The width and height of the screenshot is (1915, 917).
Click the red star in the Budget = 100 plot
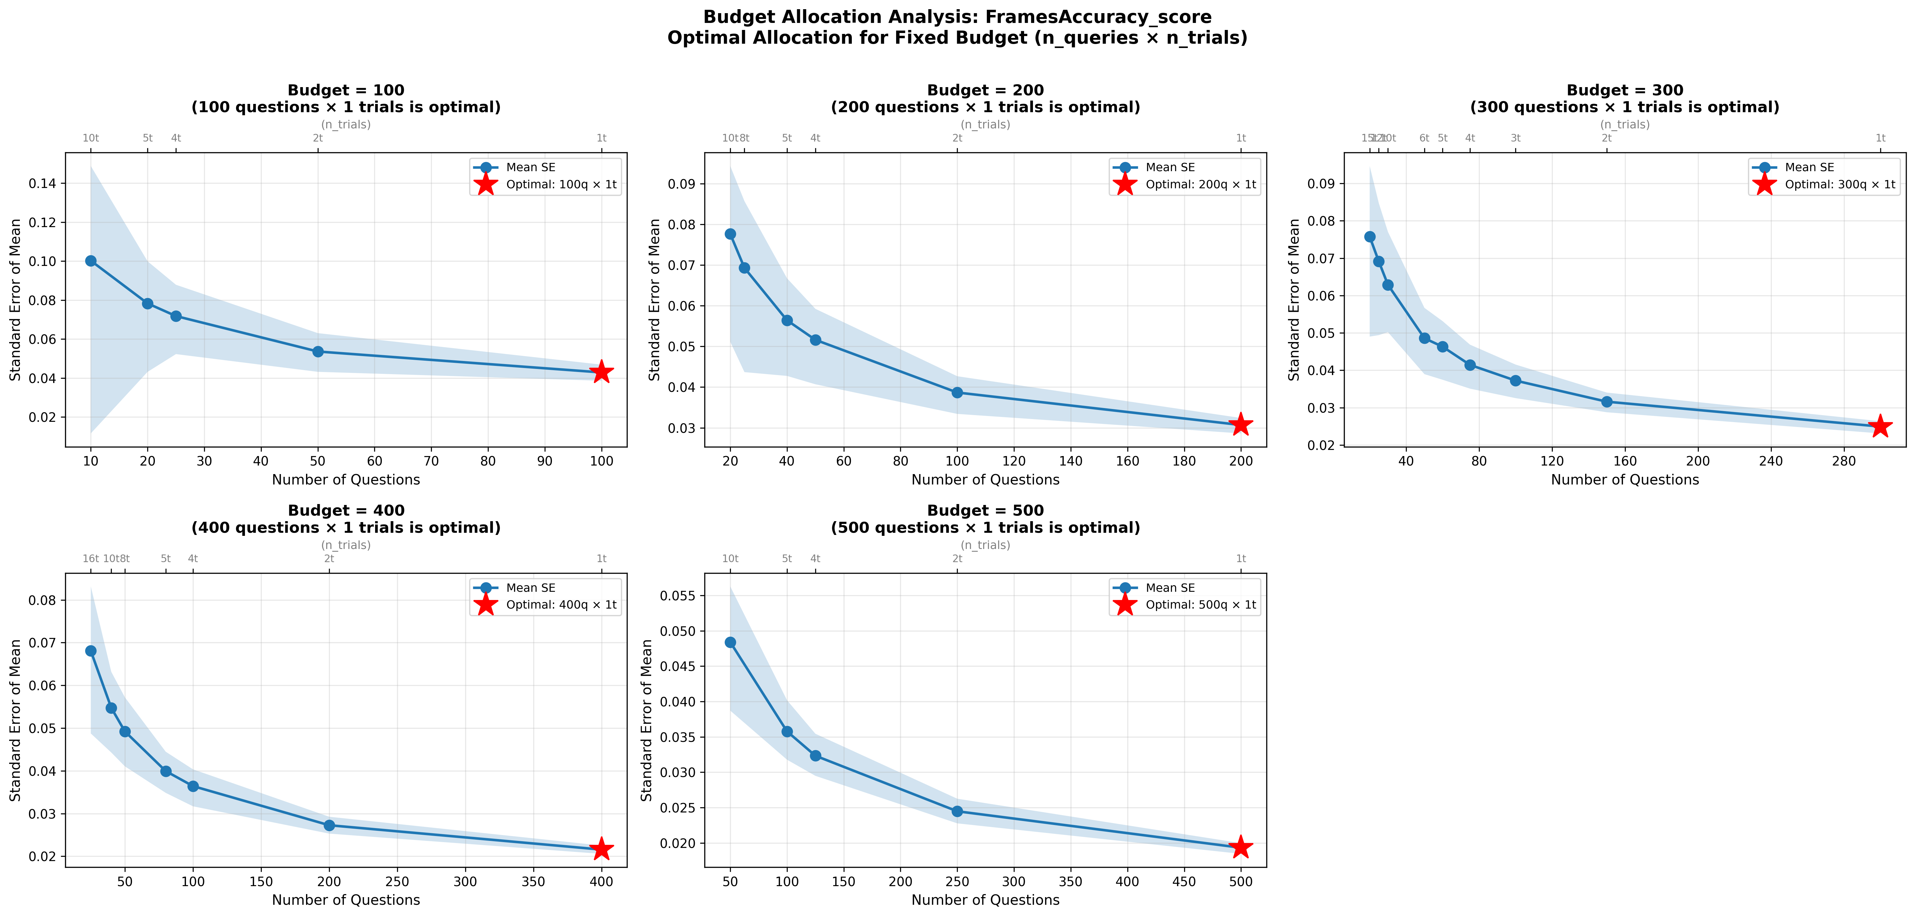coord(601,372)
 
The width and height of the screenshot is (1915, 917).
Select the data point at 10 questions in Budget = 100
coord(91,261)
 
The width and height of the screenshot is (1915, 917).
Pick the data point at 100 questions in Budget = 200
coord(957,393)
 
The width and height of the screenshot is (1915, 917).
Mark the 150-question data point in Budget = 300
coord(1607,402)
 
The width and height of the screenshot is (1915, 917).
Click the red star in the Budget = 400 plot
coord(601,849)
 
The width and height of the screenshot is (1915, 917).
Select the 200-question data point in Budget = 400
coord(329,826)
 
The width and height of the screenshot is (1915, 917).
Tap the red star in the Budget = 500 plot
coord(1240,847)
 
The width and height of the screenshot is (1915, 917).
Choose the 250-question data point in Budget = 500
coord(957,812)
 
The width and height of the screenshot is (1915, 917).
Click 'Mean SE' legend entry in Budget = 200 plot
coord(1170,167)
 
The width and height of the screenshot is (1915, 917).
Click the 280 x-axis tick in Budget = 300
coord(1844,461)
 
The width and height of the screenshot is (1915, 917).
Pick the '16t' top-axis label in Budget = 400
coord(91,558)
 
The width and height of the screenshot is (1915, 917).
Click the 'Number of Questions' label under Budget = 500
coord(985,900)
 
